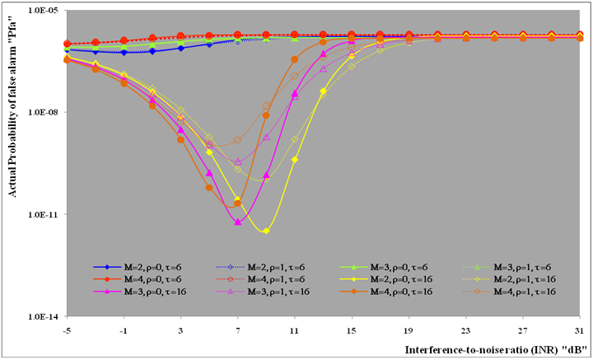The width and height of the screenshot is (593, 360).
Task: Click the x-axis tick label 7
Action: [237, 329]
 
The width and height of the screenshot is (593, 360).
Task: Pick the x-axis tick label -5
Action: [65, 329]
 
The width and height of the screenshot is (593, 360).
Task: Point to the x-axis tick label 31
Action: [580, 329]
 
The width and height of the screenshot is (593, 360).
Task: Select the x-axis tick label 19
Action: [409, 329]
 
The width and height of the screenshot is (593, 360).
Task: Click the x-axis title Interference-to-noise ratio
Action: [493, 349]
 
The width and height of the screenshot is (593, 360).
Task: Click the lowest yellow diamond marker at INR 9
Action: [266, 231]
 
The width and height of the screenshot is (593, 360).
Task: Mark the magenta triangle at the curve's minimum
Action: [237, 222]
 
